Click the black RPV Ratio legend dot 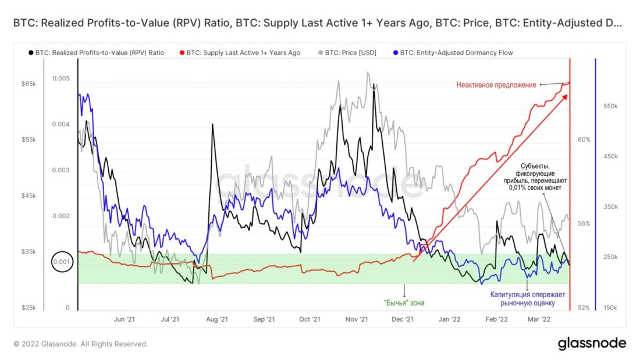click(x=30, y=53)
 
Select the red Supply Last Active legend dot click(x=181, y=53)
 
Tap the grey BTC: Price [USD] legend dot click(x=320, y=53)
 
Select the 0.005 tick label click(x=61, y=79)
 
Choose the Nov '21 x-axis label click(x=356, y=319)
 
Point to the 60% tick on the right click(x=584, y=140)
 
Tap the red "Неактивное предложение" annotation click(x=496, y=85)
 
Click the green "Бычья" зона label click(x=405, y=303)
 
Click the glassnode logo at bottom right click(x=592, y=343)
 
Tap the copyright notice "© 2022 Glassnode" click(x=81, y=344)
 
